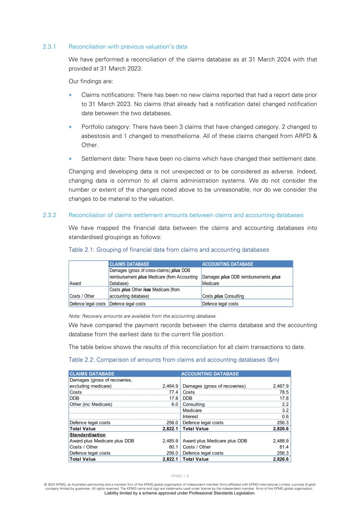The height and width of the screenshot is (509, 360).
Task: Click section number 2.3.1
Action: [x=49, y=47]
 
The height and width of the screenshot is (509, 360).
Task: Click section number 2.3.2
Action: [x=49, y=215]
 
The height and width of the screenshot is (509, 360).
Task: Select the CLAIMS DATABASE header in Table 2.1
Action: [x=129, y=264]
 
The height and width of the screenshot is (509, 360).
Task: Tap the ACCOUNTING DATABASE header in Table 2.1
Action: [x=228, y=264]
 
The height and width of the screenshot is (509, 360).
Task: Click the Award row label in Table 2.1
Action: [x=75, y=283]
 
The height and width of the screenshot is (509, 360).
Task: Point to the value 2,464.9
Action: [x=170, y=386]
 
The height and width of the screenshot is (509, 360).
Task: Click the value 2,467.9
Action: [x=281, y=386]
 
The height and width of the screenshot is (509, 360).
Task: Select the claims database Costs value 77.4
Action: [x=173, y=392]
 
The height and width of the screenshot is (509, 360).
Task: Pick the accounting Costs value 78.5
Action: [x=284, y=392]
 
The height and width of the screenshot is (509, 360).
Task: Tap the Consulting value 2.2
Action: [x=285, y=404]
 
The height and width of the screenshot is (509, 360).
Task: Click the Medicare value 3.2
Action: [x=285, y=411]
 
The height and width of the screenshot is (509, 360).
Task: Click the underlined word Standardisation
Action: [x=88, y=435]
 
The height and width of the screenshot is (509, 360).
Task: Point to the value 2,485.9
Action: [x=170, y=441]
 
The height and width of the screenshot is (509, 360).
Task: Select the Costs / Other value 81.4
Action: [x=284, y=447]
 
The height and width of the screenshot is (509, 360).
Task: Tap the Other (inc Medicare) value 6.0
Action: [x=175, y=404]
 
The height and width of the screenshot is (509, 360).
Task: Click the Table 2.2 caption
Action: [x=174, y=360]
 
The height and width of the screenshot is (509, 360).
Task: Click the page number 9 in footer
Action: [x=188, y=476]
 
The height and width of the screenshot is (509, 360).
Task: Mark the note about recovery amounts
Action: [x=142, y=316]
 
